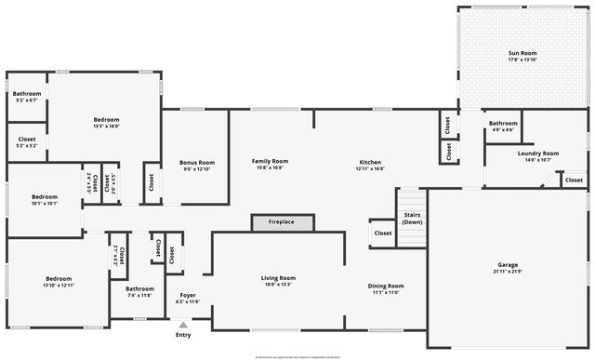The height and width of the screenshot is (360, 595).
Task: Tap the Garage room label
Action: click(508, 265)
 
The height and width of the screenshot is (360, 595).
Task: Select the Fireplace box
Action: click(282, 222)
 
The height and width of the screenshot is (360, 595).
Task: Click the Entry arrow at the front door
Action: click(183, 326)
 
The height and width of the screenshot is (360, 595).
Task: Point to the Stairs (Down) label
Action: click(412, 219)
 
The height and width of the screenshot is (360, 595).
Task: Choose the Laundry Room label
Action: click(538, 153)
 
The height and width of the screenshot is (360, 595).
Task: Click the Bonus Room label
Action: click(196, 163)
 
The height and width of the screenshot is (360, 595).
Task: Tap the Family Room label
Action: click(271, 161)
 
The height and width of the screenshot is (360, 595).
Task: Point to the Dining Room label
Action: click(385, 286)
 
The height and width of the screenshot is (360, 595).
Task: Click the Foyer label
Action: click(187, 295)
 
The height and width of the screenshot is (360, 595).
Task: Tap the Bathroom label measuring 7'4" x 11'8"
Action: click(139, 288)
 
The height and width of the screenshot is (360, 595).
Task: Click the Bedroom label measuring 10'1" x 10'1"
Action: click(45, 196)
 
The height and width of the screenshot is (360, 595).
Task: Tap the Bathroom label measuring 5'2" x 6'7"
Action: click(26, 94)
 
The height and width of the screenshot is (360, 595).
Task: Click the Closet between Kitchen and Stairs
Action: click(382, 233)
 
